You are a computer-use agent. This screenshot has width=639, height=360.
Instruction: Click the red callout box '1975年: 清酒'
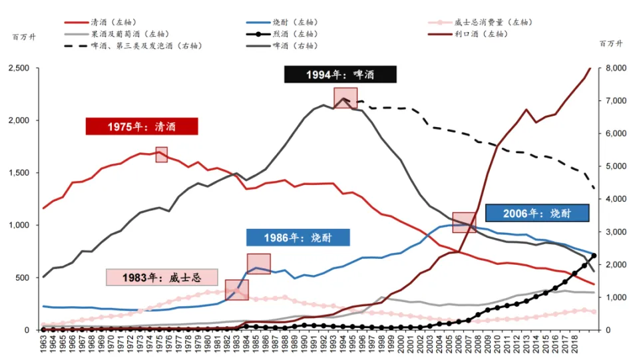(142, 126)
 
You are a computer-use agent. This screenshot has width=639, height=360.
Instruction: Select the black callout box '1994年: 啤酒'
(340, 75)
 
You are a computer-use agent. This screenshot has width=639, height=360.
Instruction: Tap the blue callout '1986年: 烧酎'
(298, 238)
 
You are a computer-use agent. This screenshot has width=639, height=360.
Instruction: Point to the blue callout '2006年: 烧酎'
(537, 213)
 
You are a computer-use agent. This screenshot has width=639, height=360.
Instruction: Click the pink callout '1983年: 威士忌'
(162, 277)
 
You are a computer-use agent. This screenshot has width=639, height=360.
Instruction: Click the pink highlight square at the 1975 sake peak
(161, 154)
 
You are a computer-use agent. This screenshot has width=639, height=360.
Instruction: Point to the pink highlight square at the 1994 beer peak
(345, 98)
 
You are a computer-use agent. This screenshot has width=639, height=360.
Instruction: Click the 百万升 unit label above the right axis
(610, 44)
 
